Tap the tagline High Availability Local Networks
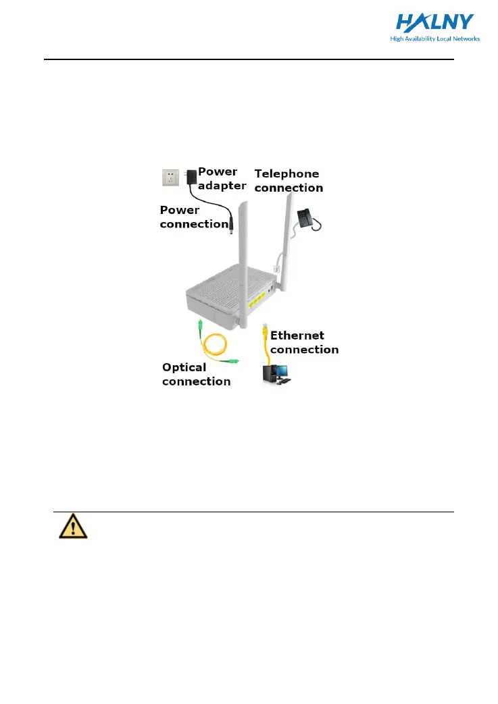point(434,39)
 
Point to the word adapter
point(222,186)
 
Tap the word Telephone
point(287,173)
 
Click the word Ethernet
point(297,335)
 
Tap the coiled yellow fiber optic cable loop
point(210,347)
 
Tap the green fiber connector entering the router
point(201,327)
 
